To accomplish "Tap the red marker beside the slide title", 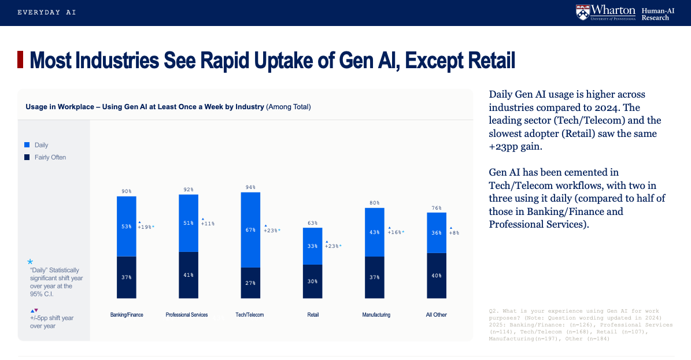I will [21, 60].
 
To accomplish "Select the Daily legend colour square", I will [27, 145].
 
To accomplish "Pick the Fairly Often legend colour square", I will [27, 157].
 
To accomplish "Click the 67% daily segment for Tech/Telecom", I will [250, 230].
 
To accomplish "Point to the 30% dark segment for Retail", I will [313, 281].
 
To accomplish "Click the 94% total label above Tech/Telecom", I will [250, 187].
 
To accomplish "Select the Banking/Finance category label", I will [127, 315].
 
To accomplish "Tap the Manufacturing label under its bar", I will [376, 315].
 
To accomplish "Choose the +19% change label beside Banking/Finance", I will [146, 227].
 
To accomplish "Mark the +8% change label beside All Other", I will [454, 233].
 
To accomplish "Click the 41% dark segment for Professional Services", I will [189, 276].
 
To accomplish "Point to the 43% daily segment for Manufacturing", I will [375, 232].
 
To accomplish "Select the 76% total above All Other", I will [437, 208].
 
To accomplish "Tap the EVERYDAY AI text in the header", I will [47, 12].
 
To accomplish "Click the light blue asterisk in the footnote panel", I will [30, 262].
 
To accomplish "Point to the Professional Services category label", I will [187, 315].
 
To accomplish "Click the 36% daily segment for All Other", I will [437, 233].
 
